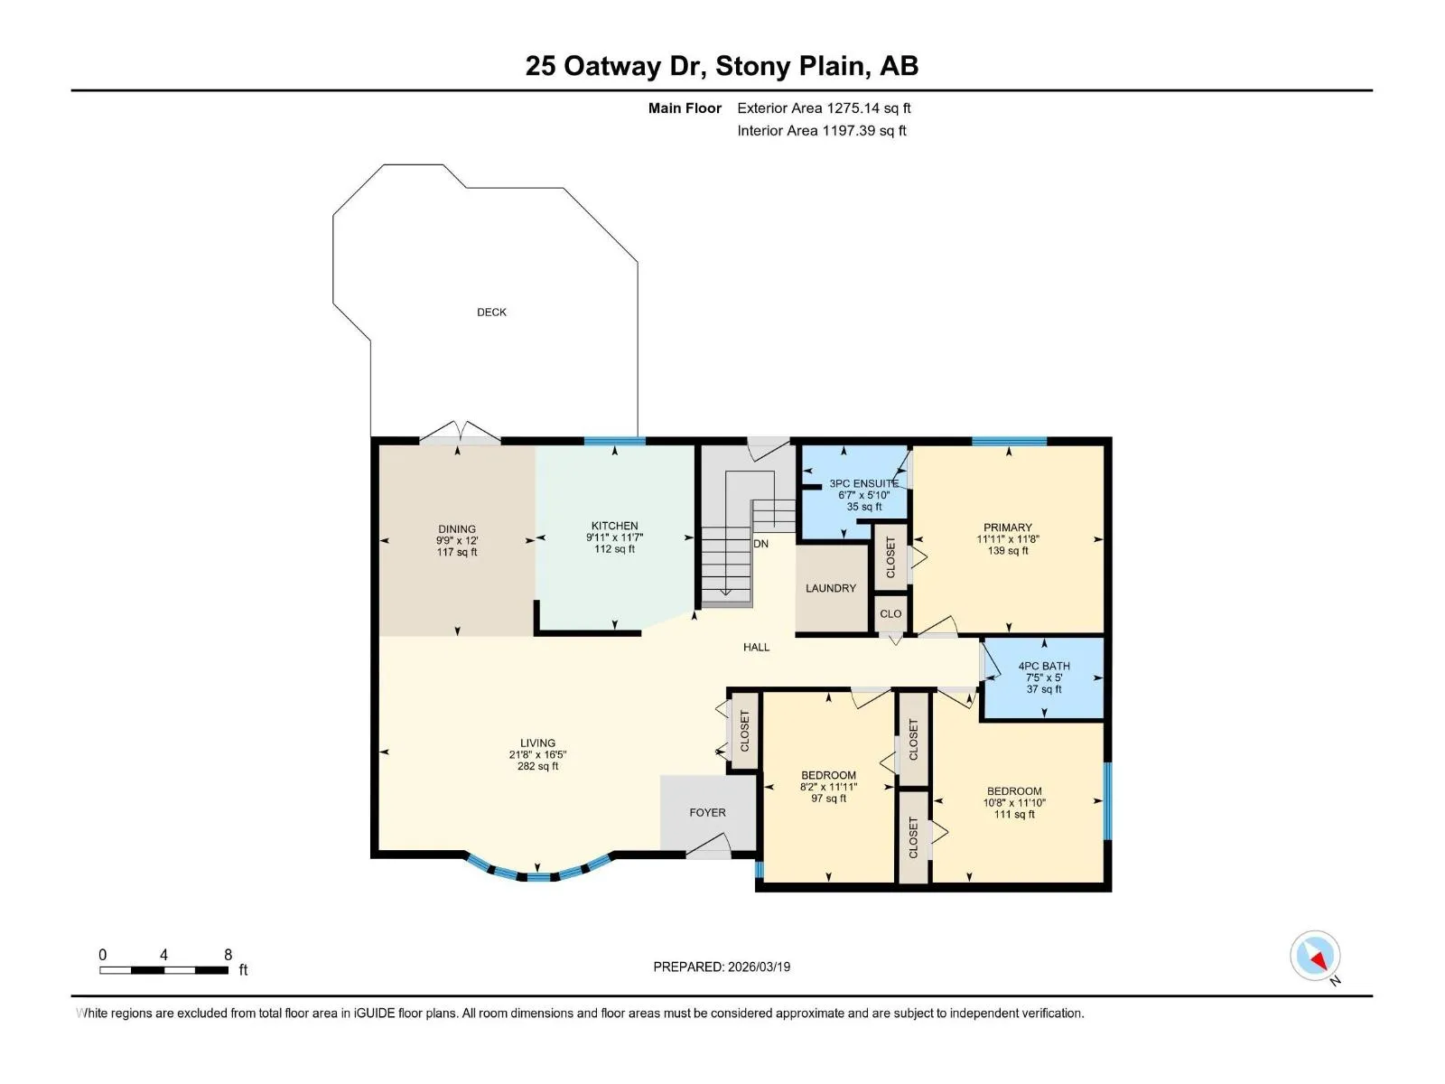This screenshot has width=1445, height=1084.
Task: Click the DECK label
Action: [x=491, y=312]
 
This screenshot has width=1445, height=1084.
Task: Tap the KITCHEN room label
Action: [x=614, y=526]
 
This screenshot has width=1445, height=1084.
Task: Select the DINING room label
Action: [x=457, y=529]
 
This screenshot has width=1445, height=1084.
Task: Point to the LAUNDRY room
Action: [x=831, y=588]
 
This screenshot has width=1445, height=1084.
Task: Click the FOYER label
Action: [x=708, y=813]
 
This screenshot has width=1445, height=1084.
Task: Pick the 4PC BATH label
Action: [x=1044, y=666]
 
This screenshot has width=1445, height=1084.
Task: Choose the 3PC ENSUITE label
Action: [x=863, y=484]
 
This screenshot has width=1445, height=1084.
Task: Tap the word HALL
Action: [x=757, y=647]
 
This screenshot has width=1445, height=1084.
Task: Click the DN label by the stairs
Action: [x=761, y=544]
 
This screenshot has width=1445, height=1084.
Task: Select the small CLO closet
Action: [x=890, y=613]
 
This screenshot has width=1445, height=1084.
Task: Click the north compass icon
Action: [x=1315, y=957]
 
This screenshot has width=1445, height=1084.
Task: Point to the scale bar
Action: [x=164, y=970]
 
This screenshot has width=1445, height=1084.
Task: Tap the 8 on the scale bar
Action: [x=228, y=954]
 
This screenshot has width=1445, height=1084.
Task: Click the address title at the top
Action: [x=722, y=66]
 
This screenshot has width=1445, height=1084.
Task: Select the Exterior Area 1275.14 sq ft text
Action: [x=824, y=107]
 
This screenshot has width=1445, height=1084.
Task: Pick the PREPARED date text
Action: [x=722, y=967]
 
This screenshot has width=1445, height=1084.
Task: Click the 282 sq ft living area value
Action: [x=538, y=766]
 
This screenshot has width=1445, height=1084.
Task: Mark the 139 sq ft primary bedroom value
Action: [x=1008, y=550]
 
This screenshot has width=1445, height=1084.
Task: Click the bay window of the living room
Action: [x=538, y=871]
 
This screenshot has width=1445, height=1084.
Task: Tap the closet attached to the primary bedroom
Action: [x=890, y=557]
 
